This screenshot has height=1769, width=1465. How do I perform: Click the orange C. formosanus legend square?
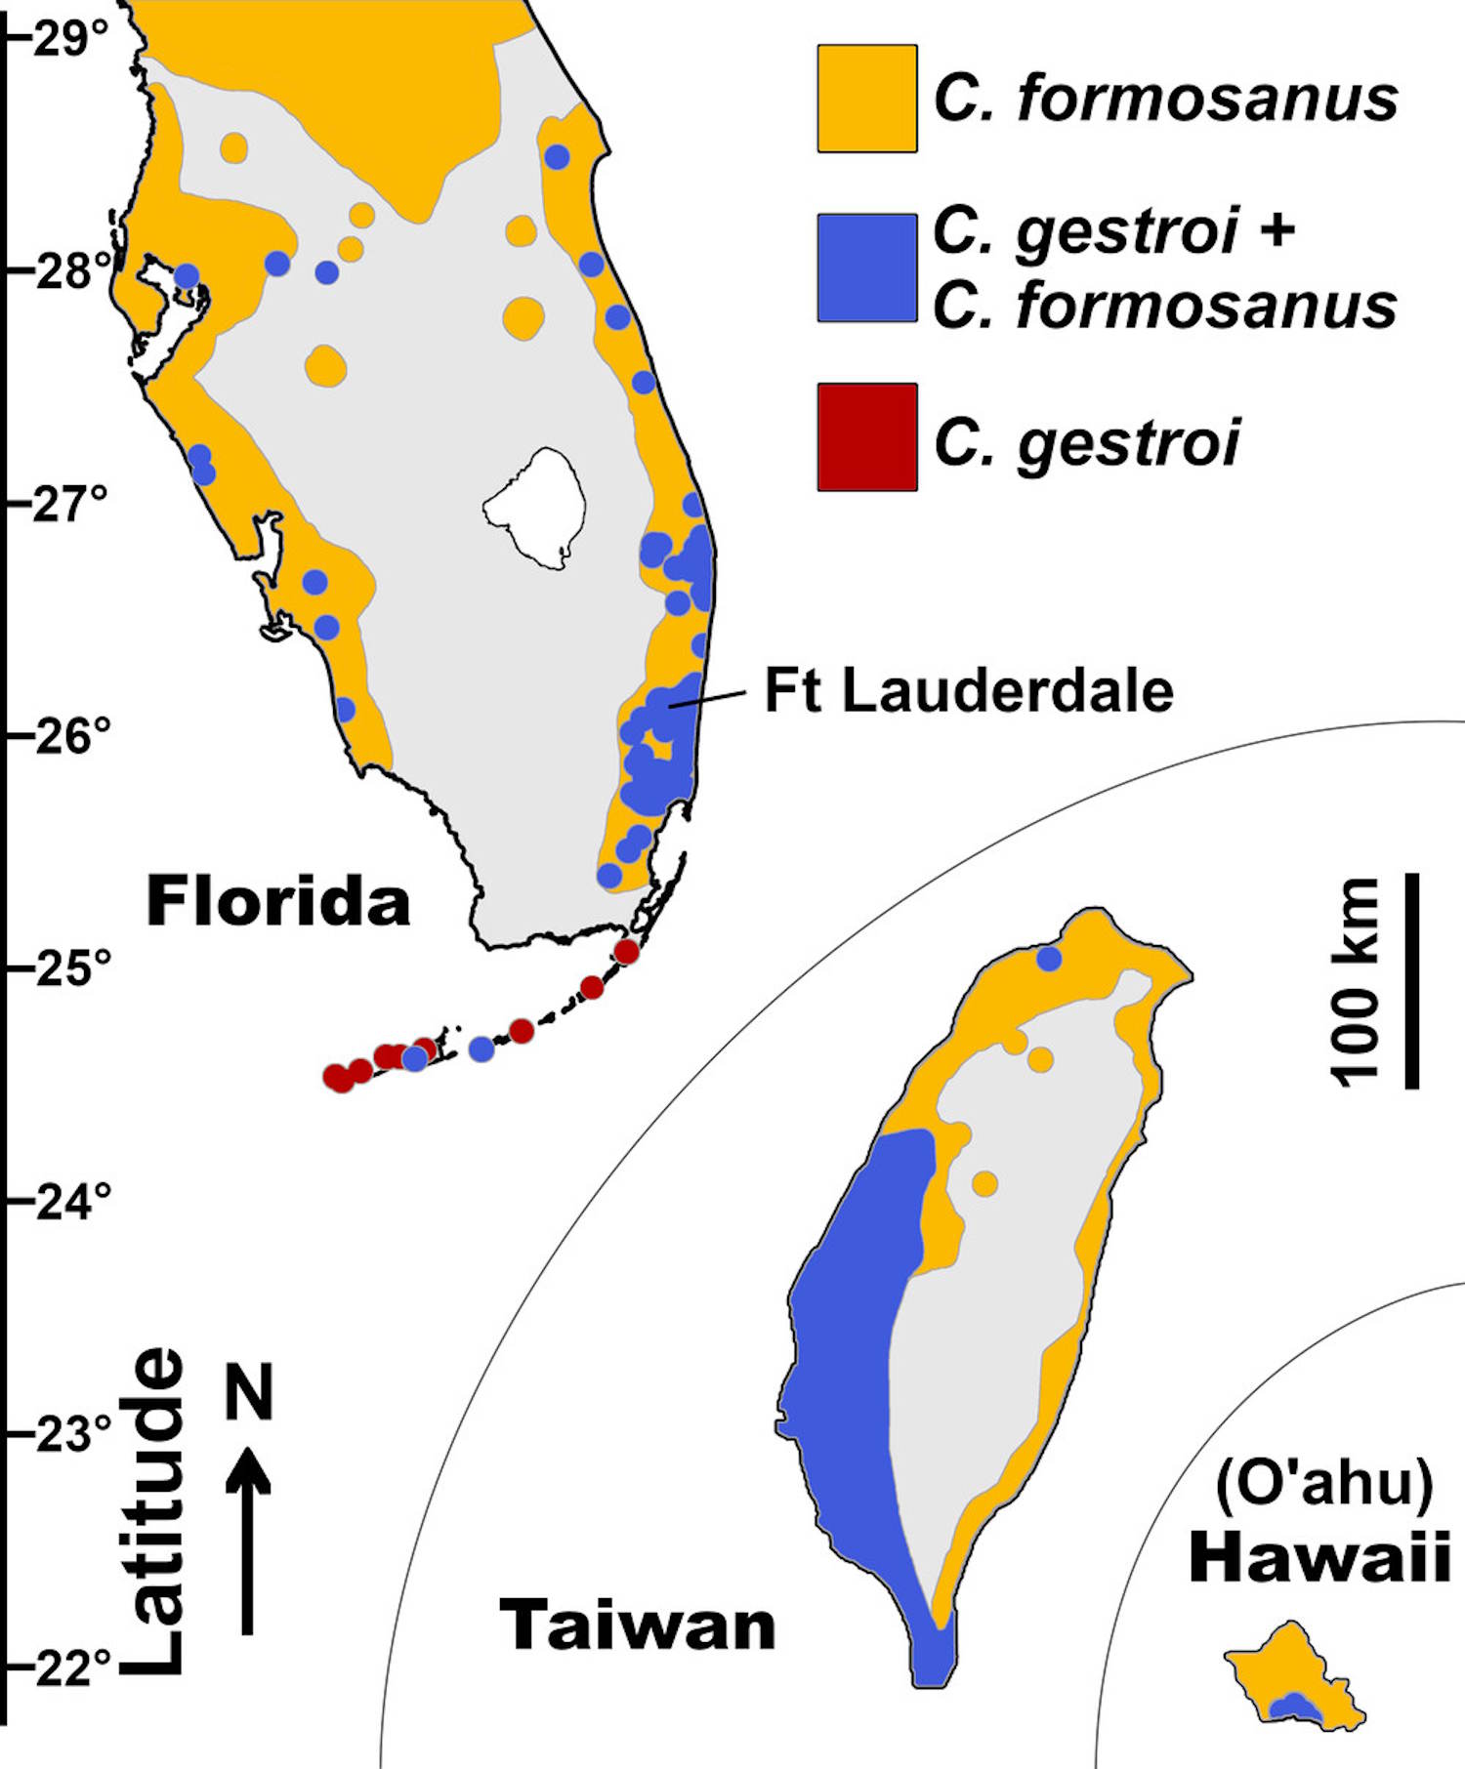866,99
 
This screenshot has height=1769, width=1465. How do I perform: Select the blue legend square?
866,268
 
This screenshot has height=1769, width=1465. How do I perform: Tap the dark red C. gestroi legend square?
866,436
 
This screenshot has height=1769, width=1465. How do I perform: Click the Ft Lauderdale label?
968,691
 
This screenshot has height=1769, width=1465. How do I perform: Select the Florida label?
278,901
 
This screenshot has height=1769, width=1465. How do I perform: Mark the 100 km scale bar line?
1411,980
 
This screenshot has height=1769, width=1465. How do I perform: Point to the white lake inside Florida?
536,506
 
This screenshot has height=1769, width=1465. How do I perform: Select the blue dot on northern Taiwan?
1049,959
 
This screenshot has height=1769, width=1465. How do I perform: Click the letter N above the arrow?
248,1392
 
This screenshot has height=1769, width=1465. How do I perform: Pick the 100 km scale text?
1356,980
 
